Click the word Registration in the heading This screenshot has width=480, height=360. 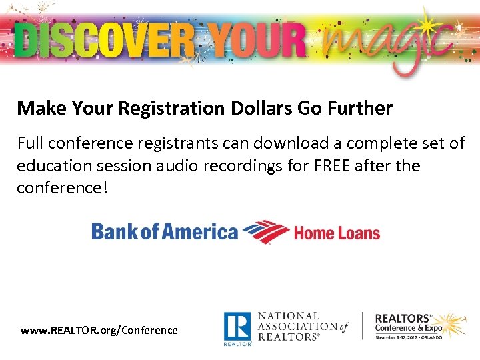(156, 108)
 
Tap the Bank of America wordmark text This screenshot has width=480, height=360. (164, 231)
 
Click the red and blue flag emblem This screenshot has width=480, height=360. (265, 232)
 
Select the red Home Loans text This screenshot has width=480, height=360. (337, 233)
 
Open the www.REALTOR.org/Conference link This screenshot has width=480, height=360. (99, 330)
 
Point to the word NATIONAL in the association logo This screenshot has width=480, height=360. (289, 315)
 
